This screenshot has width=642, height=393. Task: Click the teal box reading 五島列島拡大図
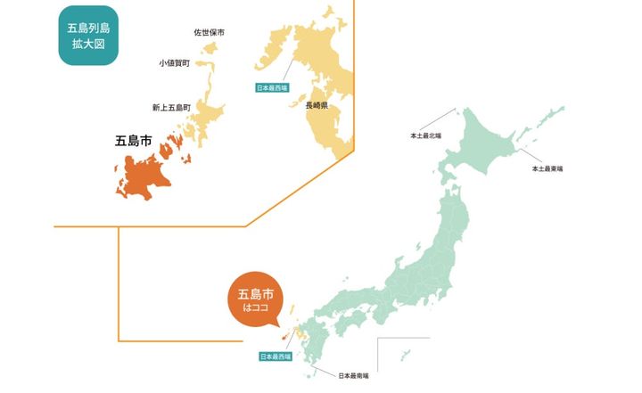coord(87,36)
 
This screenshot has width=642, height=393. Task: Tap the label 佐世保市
coord(209,33)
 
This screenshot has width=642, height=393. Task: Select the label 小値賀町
coord(174,63)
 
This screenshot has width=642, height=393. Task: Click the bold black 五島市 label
coord(133,140)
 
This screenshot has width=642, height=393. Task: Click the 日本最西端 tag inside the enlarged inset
coord(272,88)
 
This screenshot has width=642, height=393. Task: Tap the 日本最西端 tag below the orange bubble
coord(275,356)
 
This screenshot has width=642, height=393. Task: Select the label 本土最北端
coord(425,136)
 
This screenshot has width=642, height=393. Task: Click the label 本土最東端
coord(547,168)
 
